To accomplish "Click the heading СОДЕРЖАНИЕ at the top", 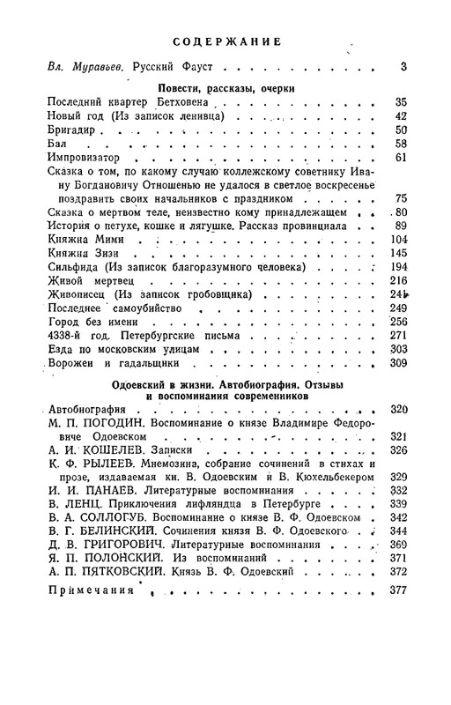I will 226,41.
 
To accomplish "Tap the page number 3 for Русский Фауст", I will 403,66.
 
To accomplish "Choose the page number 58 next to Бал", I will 399,144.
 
